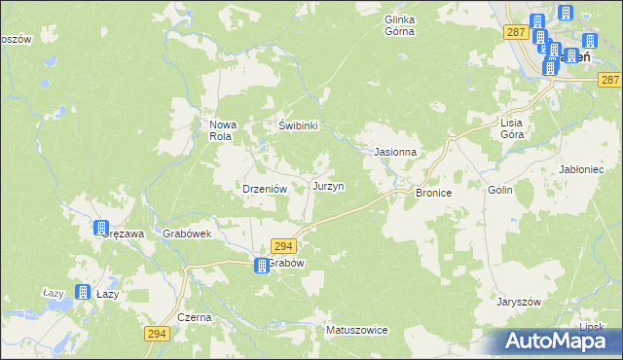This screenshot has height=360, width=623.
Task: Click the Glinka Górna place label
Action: pyautogui.click(x=399, y=25)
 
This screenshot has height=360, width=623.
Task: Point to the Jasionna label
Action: pyautogui.click(x=396, y=153)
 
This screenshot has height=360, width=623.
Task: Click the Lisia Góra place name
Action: pyautogui.click(x=512, y=128)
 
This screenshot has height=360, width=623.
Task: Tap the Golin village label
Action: pyautogui.click(x=500, y=193)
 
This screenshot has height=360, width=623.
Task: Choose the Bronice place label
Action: pyautogui.click(x=433, y=194)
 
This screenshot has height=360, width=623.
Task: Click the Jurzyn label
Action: pyautogui.click(x=327, y=185)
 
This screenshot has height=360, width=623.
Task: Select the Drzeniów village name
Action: pyautogui.click(x=262, y=190)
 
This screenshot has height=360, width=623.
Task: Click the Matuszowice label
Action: pyautogui.click(x=356, y=331)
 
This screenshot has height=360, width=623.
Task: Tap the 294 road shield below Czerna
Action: pyautogui.click(x=156, y=334)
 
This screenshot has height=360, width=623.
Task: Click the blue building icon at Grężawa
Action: pyautogui.click(x=101, y=229)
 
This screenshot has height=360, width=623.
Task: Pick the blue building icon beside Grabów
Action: pyautogui.click(x=261, y=265)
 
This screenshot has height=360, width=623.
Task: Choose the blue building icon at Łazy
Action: pyautogui.click(x=83, y=292)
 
